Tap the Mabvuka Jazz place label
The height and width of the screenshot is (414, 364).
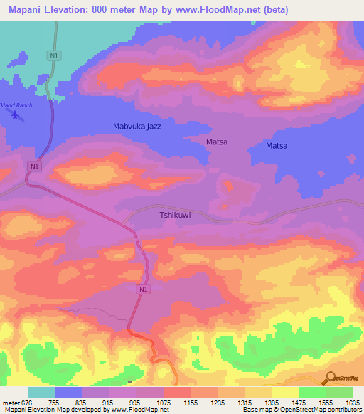tap(137, 127)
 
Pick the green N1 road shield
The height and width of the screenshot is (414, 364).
tap(54, 55)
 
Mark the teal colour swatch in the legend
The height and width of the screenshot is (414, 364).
tap(42, 392)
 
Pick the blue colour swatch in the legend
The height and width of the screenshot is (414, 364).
tap(69, 392)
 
